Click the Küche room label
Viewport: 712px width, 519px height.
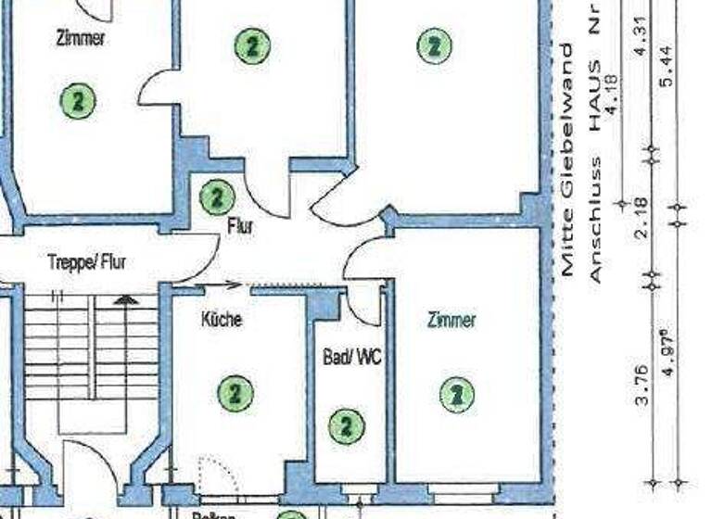click(222, 320)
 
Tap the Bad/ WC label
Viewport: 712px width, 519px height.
click(352, 357)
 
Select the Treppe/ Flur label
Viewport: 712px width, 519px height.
click(86, 262)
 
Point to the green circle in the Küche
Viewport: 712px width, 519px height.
click(235, 393)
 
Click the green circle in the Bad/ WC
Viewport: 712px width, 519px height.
click(347, 426)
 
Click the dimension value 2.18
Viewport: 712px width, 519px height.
click(641, 219)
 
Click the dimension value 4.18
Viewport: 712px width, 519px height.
click(612, 99)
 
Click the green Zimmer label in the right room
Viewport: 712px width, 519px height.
click(451, 321)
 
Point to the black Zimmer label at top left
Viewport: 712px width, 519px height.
click(81, 39)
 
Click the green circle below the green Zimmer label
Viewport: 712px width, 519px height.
click(456, 395)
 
